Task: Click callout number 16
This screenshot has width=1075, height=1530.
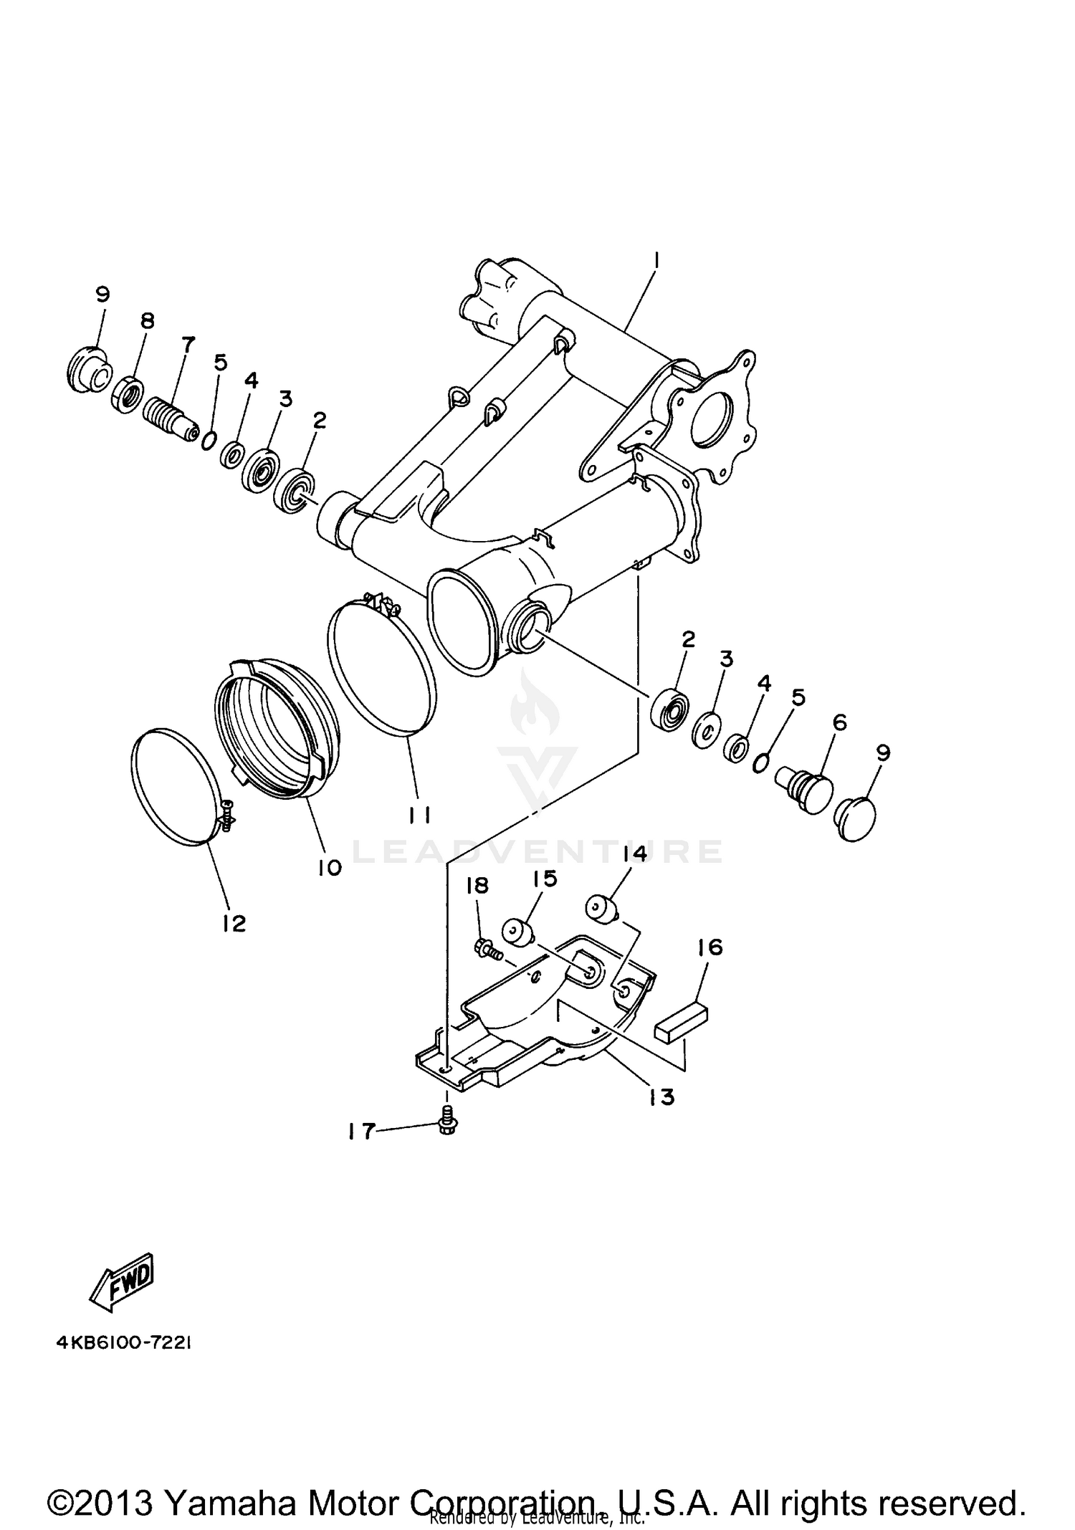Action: pos(709,948)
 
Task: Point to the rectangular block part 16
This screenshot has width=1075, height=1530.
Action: pos(682,1020)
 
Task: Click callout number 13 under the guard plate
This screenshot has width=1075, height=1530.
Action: pos(661,1096)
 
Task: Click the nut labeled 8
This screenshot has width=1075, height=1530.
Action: pos(126,394)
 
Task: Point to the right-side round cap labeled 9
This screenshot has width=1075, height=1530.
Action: pos(857,819)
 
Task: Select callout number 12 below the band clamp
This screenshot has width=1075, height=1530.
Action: pos(234,924)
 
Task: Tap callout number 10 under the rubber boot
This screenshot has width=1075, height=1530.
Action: pos(330,868)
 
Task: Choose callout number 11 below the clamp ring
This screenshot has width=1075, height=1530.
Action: pos(419,815)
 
